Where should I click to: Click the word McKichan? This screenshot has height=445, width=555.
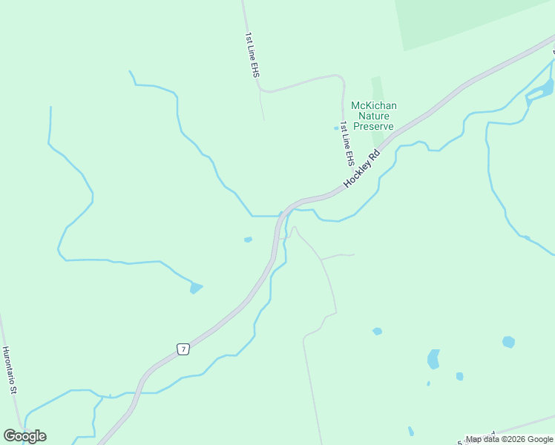tap(374, 106)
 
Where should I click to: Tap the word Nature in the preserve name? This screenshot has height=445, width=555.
tap(374, 116)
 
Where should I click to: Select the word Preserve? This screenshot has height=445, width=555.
tap(373, 126)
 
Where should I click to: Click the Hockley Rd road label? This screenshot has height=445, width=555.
tap(362, 169)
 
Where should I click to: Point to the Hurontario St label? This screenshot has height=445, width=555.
tap(10, 370)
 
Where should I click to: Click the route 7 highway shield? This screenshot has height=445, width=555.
tap(183, 349)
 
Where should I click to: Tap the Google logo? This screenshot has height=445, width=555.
tap(24, 436)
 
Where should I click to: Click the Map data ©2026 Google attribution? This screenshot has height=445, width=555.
tap(509, 440)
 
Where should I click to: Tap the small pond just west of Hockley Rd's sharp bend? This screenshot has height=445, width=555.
tap(248, 240)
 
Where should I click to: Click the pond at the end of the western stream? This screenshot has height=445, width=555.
tap(196, 288)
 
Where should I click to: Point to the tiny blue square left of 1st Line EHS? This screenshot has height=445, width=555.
tap(336, 128)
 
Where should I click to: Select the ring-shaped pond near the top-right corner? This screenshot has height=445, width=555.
tap(539, 91)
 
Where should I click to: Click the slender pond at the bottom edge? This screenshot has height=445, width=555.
tap(411, 431)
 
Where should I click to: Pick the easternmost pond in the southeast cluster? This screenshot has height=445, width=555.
tap(508, 342)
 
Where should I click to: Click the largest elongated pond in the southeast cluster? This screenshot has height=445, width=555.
tap(433, 360)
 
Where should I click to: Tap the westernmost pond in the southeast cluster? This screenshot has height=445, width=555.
tap(377, 331)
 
